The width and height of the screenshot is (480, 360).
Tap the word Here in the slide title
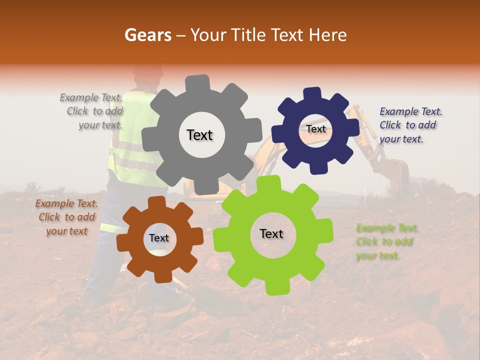(x=327, y=35)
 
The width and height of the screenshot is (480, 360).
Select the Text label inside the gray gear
(x=199, y=135)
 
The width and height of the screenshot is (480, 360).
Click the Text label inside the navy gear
(x=316, y=129)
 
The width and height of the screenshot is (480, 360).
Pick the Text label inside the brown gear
(x=159, y=238)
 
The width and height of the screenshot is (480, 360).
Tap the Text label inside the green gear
(x=271, y=234)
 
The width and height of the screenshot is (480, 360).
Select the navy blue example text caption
(x=410, y=125)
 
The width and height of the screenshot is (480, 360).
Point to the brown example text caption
(x=66, y=217)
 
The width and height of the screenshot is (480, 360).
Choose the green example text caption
(x=386, y=242)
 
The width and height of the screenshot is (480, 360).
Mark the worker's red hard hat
(x=148, y=70)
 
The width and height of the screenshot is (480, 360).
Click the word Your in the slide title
(x=207, y=35)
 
